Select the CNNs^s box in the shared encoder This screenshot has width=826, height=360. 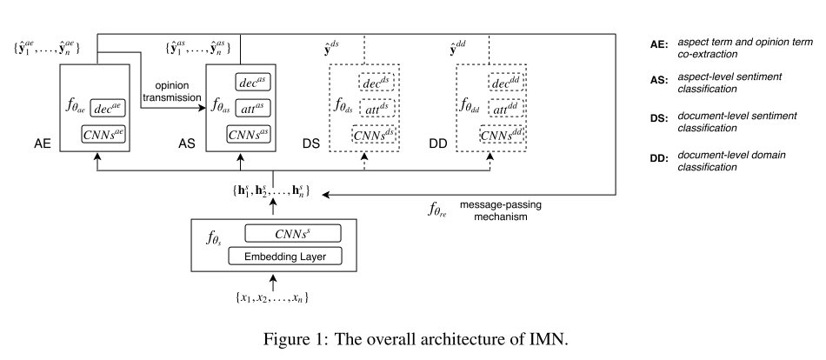coord(292,233)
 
